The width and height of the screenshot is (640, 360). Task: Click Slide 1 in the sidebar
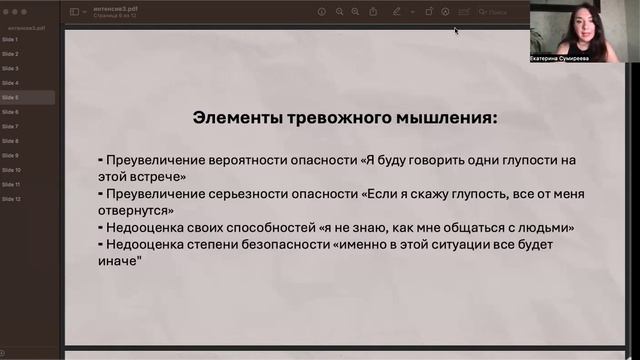point(10,39)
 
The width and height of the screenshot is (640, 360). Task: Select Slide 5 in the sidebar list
point(10,98)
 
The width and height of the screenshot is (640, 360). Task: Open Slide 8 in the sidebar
point(10,141)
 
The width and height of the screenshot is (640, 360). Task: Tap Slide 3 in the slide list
point(10,68)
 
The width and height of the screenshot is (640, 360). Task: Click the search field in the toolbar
point(500,12)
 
